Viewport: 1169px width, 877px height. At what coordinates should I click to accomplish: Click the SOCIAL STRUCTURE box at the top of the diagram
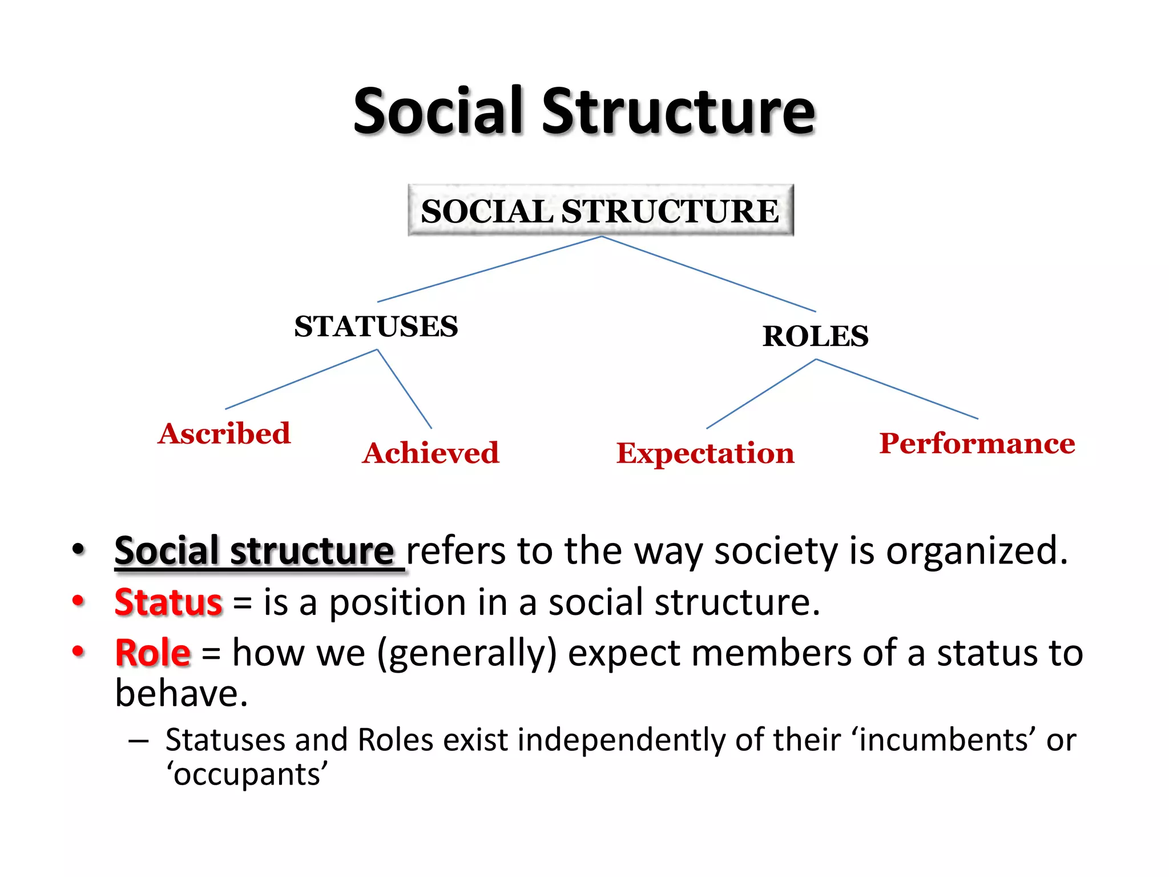[600, 210]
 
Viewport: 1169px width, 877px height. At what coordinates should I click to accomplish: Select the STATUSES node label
[376, 327]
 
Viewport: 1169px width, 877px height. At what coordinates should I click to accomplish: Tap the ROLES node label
[815, 336]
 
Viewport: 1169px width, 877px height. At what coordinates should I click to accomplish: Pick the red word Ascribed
[224, 433]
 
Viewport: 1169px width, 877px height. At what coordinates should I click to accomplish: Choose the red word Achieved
[431, 453]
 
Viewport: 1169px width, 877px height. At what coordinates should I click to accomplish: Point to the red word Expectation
[705, 453]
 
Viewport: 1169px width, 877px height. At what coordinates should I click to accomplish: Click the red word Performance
[977, 444]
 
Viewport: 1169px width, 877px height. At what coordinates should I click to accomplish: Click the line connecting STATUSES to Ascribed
[301, 379]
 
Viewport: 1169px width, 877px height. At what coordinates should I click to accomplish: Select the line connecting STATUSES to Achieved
[404, 389]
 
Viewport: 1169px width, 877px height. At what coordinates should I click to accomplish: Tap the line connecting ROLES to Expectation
[761, 394]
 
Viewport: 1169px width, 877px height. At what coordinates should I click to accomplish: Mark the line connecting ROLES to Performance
[897, 389]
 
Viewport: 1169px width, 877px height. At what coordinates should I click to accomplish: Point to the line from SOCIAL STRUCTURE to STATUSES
[489, 269]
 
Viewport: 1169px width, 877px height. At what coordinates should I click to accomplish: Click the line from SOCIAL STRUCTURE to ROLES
[708, 274]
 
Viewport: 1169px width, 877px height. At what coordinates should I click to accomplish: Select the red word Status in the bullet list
[168, 602]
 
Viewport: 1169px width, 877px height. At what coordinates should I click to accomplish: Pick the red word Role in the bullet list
[152, 653]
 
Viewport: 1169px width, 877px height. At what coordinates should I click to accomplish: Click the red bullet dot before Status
[78, 601]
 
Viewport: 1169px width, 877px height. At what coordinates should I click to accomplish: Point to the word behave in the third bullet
[181, 693]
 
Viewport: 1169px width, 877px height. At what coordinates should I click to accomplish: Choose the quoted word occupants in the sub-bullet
[247, 775]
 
